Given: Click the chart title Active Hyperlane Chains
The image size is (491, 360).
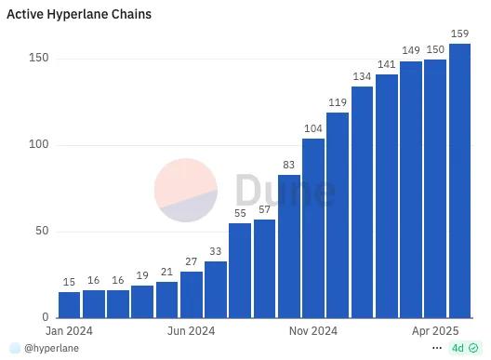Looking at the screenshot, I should (79, 15).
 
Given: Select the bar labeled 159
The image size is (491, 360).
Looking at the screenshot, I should (459, 180).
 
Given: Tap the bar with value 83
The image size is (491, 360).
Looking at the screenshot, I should (289, 246).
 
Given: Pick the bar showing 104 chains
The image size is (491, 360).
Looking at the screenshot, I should (313, 228).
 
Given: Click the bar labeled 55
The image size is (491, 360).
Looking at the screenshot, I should (240, 270).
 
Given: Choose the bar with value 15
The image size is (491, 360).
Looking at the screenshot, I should (70, 304).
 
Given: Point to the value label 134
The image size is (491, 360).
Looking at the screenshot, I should (362, 77).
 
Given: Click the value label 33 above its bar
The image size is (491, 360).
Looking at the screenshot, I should (216, 251).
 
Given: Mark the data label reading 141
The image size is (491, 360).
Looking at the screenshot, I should (387, 64).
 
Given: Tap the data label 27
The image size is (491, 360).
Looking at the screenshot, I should (192, 261).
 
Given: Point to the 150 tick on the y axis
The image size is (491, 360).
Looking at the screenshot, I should (38, 59).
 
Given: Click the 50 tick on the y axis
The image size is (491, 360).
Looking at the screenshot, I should (41, 232).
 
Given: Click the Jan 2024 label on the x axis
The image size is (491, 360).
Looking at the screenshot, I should (70, 330).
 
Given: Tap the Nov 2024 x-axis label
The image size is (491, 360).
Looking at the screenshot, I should (313, 330).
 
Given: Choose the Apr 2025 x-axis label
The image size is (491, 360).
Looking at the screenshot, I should (436, 330).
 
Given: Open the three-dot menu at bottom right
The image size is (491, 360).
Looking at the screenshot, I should (437, 348).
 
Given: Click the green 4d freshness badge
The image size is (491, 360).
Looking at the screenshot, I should (464, 348).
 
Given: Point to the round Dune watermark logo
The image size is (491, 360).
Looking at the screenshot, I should (186, 191).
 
